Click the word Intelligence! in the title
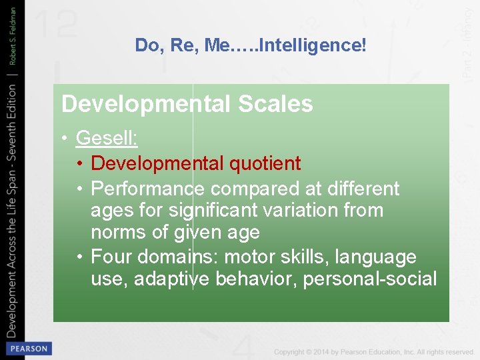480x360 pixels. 313,45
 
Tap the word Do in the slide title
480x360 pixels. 147,45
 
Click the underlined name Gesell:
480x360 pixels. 107,138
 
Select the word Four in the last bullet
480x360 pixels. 112,257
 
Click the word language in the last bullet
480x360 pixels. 377,257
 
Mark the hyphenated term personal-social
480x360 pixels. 370,279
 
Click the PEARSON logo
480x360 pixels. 28,349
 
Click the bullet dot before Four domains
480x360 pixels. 80,257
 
